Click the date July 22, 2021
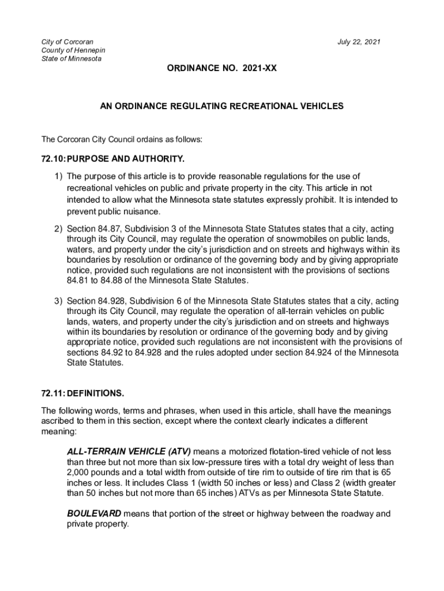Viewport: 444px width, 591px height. (x=359, y=42)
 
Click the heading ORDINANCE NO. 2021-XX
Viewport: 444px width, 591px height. (x=222, y=68)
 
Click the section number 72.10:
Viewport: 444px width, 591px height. (x=54, y=158)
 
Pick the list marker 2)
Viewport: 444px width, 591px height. (x=58, y=229)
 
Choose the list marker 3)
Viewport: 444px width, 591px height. (x=58, y=301)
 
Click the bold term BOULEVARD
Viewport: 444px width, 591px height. (x=94, y=513)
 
